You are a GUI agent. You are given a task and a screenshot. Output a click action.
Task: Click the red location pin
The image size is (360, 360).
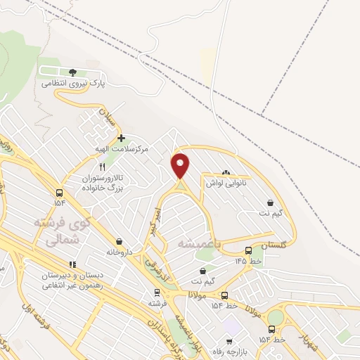click(181, 165)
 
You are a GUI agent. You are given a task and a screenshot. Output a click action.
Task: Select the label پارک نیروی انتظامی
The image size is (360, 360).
click(72, 83)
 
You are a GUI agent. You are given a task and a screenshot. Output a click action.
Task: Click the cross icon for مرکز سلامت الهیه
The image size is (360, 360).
click(121, 138)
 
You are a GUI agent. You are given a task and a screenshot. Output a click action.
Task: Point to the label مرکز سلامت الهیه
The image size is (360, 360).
click(124, 149)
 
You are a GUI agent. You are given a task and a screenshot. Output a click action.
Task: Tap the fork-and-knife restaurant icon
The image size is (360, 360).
click(103, 167)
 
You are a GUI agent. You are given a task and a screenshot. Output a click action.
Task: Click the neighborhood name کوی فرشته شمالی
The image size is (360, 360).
click(63, 231)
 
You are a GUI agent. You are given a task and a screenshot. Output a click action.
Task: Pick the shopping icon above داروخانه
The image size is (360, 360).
click(119, 240)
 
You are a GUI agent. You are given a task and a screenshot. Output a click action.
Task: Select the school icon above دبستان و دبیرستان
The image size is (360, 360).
click(72, 264)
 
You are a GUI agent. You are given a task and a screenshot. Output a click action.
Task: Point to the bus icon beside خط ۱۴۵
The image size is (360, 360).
click(248, 250)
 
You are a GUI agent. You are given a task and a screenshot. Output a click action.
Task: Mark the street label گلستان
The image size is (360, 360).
click(274, 245)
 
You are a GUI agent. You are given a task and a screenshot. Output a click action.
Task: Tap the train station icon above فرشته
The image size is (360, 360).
click(157, 293)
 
